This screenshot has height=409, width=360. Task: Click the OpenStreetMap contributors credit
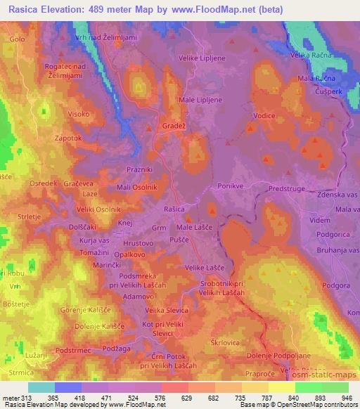tap(316, 405)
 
